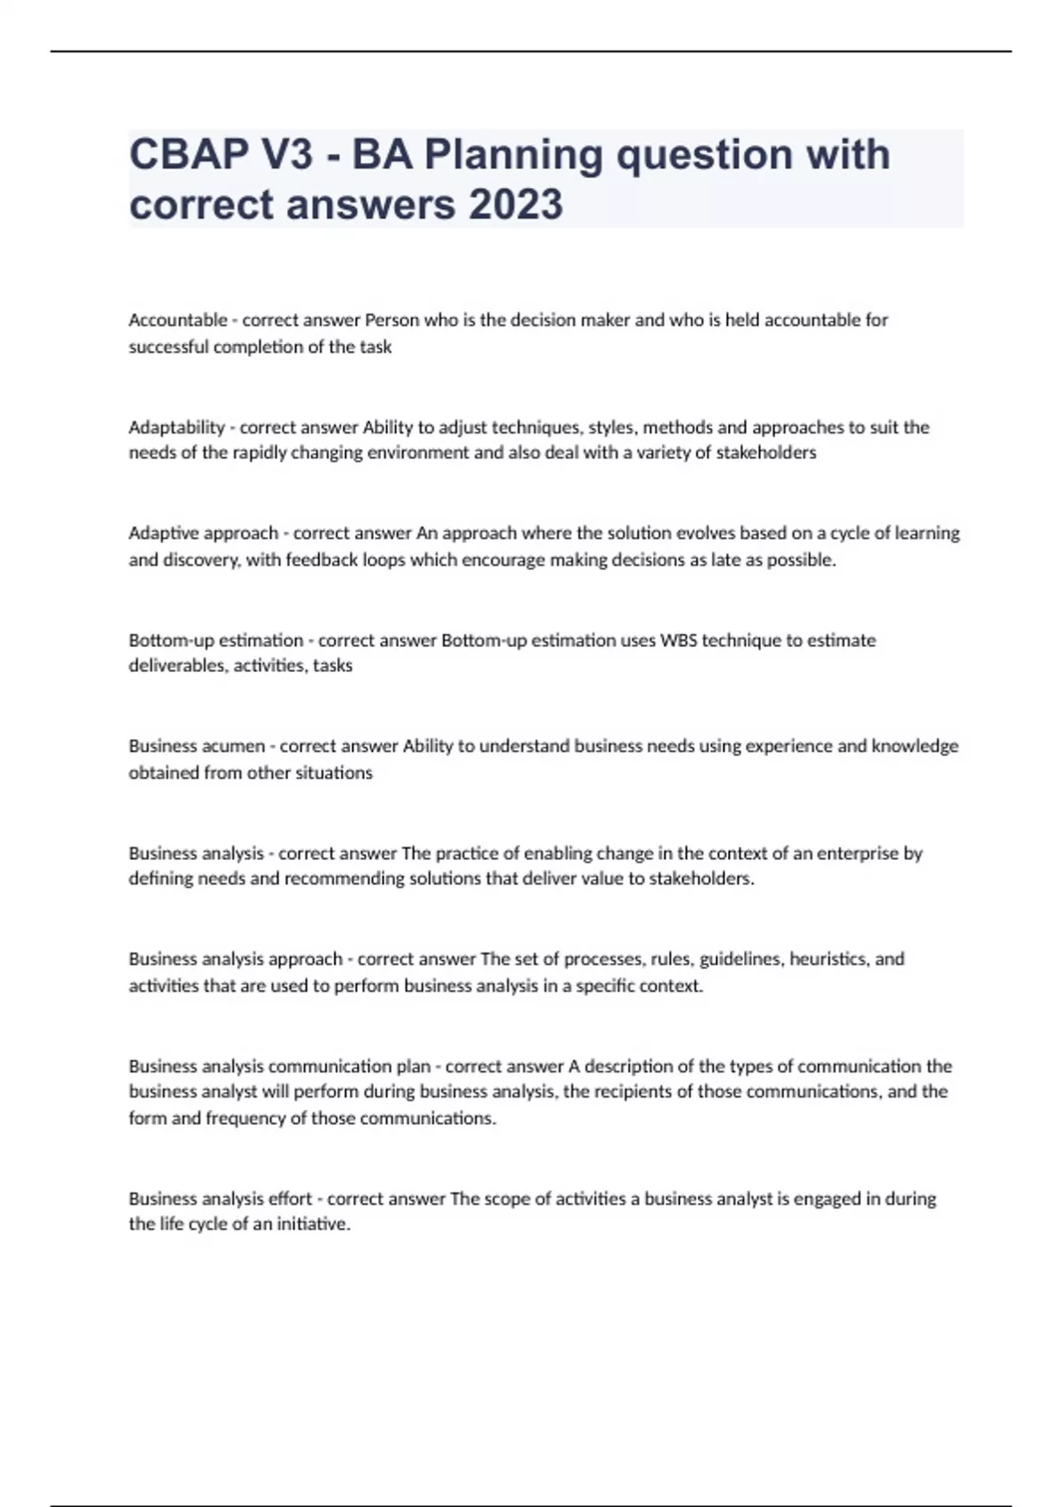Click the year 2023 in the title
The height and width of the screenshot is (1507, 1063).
516,205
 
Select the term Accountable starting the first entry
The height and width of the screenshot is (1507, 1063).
178,320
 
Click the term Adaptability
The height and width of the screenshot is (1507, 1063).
176,427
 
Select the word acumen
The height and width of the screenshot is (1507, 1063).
234,746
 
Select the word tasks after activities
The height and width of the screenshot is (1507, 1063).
332,666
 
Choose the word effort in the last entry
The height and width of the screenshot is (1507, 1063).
290,1199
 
